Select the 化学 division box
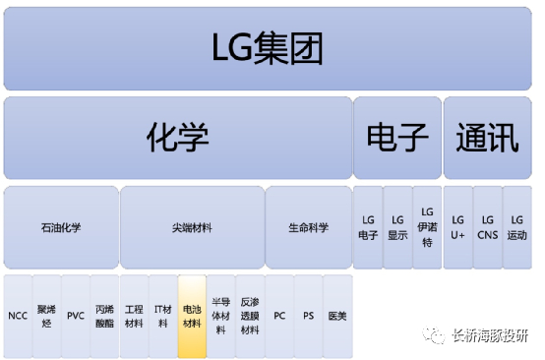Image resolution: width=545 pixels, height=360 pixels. tap(178, 137)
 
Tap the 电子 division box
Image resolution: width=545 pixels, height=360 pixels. tap(397, 137)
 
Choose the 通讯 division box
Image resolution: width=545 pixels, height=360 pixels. tap(487, 137)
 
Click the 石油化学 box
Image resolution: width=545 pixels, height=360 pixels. tap(61, 227)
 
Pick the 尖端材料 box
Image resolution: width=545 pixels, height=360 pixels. tap(191, 227)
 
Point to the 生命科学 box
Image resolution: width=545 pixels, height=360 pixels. tap(308, 227)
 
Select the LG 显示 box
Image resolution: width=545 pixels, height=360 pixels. tap(397, 227)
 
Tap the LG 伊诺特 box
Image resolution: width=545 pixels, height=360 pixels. tap(427, 227)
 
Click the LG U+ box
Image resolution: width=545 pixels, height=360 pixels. tap(457, 227)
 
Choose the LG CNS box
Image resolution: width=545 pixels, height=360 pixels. tap(487, 227)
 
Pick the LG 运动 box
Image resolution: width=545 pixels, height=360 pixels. tap(516, 227)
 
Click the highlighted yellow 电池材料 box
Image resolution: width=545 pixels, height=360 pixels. tap(192, 317)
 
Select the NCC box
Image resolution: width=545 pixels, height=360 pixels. tap(18, 317)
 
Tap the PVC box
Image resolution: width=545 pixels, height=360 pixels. tap(76, 317)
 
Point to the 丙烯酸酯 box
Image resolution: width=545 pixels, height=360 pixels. tap(104, 317)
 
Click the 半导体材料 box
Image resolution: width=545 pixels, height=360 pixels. tap(220, 317)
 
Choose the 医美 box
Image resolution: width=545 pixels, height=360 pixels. tap(337, 317)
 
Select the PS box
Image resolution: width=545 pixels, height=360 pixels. tap(308, 317)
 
